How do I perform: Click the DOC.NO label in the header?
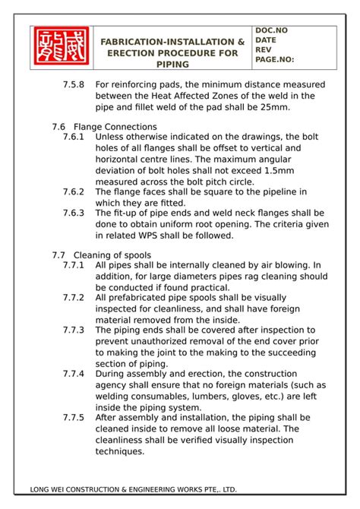271,30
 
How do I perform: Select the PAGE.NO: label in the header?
275,58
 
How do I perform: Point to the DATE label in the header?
267,40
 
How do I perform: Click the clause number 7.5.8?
74,84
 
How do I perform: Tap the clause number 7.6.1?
74,137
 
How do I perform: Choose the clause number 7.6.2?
74,192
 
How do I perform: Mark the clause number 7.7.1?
74,265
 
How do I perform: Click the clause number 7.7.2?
74,298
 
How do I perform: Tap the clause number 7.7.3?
74,331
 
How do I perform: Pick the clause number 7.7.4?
74,375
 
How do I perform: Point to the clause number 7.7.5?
74,418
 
